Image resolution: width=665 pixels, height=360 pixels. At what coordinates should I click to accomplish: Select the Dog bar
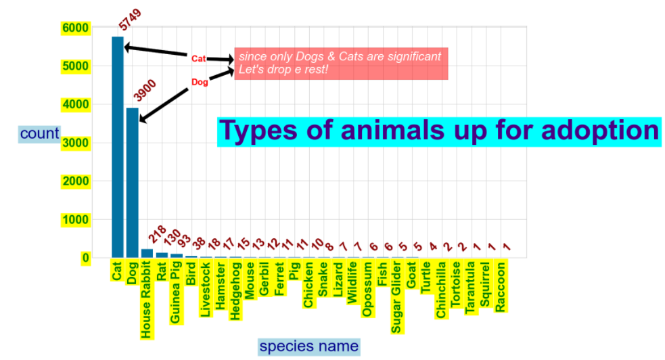tap(133, 183)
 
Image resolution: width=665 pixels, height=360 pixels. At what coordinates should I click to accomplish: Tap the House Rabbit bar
tap(147, 254)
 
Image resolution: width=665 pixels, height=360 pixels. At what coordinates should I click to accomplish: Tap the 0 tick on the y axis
tap(85, 258)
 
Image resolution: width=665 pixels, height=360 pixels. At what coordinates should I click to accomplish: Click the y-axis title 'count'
tap(40, 133)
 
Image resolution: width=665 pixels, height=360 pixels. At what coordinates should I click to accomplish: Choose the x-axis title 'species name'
tap(309, 346)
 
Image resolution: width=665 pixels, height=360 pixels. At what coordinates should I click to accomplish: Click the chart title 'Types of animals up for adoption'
tap(439, 131)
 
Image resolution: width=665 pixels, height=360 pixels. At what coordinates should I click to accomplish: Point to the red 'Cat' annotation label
tap(198, 59)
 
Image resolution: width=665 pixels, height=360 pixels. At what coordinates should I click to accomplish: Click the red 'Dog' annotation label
tap(200, 83)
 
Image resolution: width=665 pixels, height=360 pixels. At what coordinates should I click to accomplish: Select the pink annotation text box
tap(341, 64)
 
